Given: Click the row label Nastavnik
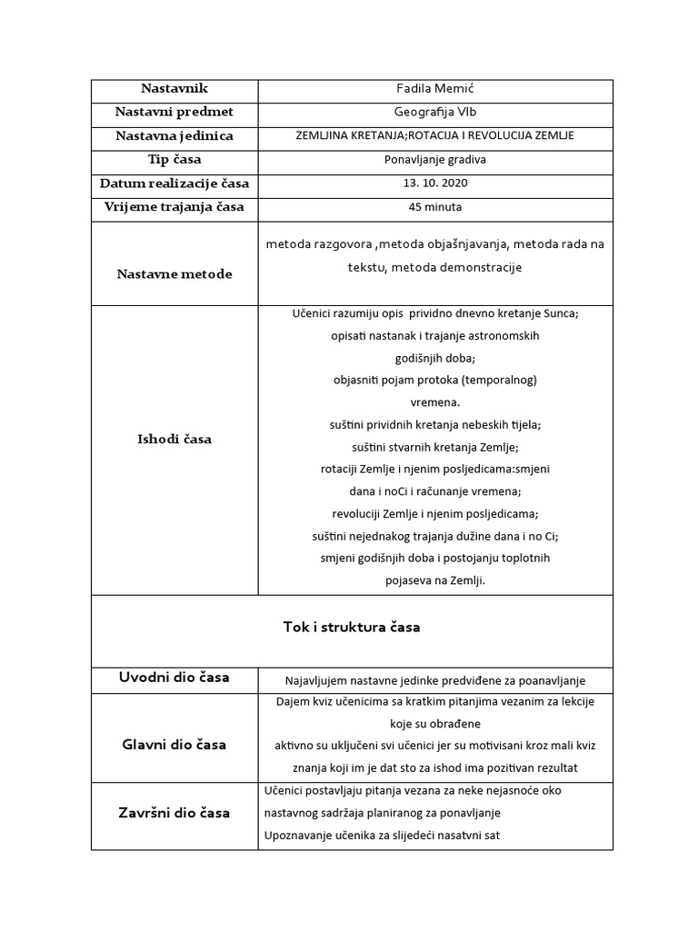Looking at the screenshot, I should tap(174, 88).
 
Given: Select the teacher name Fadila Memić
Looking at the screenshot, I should tap(435, 89).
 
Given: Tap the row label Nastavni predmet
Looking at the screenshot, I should tap(174, 112).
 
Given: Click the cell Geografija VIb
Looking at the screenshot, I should tap(435, 113).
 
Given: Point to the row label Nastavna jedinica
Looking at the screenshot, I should tap(174, 136).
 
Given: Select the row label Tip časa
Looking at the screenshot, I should tap(174, 160).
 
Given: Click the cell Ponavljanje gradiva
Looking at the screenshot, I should tap(435, 160).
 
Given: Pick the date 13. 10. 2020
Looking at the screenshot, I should tap(435, 183).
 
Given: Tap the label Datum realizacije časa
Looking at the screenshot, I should tap(174, 183).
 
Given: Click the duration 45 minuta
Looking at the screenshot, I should tap(435, 207).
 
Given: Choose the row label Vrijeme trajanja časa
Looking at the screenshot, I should tap(174, 207).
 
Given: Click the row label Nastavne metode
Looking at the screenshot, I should tap(174, 274).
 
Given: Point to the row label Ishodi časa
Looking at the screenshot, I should tap(174, 440).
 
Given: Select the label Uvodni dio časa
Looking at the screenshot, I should tap(174, 678).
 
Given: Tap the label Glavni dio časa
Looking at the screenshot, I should tap(174, 745).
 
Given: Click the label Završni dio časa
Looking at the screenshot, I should tap(174, 812).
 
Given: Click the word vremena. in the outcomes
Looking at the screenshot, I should tap(435, 401).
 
